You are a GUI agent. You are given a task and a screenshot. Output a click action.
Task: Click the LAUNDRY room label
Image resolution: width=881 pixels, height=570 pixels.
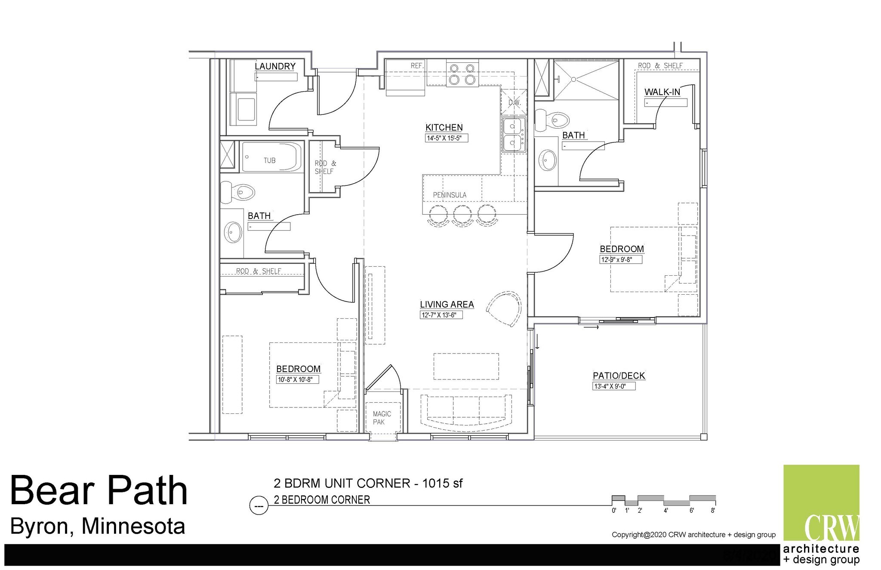tap(275, 66)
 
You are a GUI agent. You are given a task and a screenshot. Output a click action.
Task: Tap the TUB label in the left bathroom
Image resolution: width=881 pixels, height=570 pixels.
tap(269, 160)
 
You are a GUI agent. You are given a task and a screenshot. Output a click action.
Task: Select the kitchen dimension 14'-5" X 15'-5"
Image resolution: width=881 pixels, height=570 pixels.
tap(446, 139)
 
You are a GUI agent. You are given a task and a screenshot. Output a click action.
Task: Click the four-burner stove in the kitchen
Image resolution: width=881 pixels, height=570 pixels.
tap(462, 74)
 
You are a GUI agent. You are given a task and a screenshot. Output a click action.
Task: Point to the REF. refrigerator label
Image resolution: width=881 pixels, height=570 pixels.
tap(417, 66)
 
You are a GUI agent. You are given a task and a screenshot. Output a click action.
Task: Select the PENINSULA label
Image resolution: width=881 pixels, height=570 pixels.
tap(450, 195)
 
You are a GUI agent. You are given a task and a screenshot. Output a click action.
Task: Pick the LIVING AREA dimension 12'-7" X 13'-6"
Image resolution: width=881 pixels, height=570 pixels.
tap(441, 315)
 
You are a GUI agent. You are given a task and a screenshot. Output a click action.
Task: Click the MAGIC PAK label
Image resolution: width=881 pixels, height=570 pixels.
tap(382, 418)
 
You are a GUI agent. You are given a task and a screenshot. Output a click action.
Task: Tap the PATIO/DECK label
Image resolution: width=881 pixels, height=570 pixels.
tap(619, 376)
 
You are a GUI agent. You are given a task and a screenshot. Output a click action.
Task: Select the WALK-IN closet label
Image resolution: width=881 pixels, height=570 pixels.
tap(662, 92)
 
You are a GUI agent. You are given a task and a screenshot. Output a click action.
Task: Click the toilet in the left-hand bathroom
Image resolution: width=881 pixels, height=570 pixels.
tap(238, 192)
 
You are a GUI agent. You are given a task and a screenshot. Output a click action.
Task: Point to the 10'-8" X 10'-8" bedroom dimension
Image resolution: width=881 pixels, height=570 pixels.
tap(297, 379)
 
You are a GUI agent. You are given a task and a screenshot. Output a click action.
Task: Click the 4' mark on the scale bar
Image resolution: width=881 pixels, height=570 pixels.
tap(665, 511)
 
